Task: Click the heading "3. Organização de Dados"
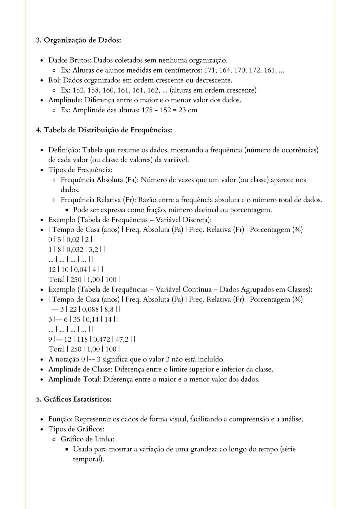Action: coord(78,40)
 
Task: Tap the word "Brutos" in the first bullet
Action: coord(80,60)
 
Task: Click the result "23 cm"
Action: coord(188,110)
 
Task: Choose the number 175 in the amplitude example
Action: coord(147,110)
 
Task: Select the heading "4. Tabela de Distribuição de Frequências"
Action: coord(104,130)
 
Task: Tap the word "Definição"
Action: coord(64,150)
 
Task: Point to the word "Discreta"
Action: coord(197,220)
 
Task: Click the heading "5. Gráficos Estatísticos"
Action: coord(74,399)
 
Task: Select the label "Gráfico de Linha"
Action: coord(87,439)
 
